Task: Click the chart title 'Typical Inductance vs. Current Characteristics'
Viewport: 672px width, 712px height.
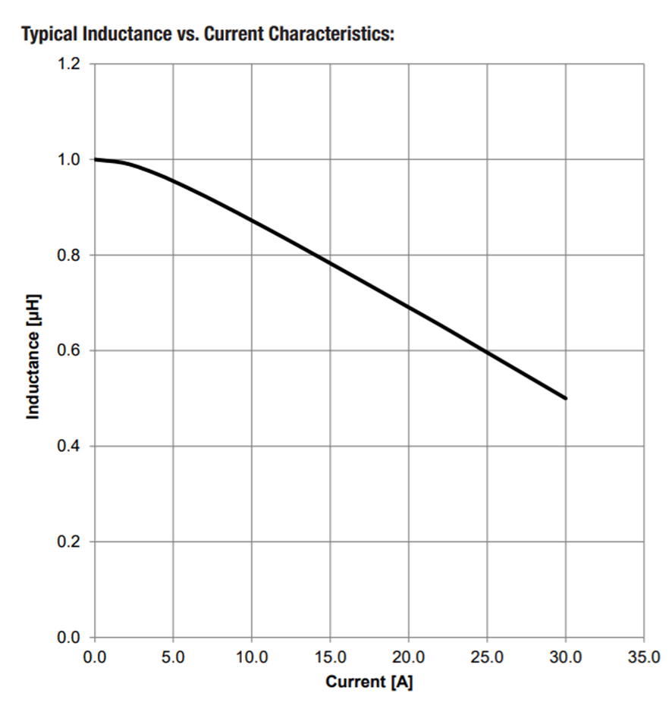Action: (209, 34)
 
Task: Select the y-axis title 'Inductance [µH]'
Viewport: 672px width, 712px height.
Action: (33, 356)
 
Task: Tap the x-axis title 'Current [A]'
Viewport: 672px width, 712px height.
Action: (369, 682)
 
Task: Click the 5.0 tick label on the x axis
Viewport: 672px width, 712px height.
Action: (173, 657)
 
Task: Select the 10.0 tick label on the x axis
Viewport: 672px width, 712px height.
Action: (252, 657)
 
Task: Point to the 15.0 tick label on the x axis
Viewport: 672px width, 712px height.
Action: (330, 657)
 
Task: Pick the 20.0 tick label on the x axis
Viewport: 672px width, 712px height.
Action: (409, 657)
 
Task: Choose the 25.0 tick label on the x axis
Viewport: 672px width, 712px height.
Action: (487, 657)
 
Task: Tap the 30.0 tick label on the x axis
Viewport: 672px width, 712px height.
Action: (566, 657)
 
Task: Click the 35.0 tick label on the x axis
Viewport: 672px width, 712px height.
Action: (644, 657)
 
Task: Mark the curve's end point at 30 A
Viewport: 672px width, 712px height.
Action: (566, 398)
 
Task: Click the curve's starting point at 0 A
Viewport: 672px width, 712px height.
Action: (95, 159)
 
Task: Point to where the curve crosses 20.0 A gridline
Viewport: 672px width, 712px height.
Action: (409, 307)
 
